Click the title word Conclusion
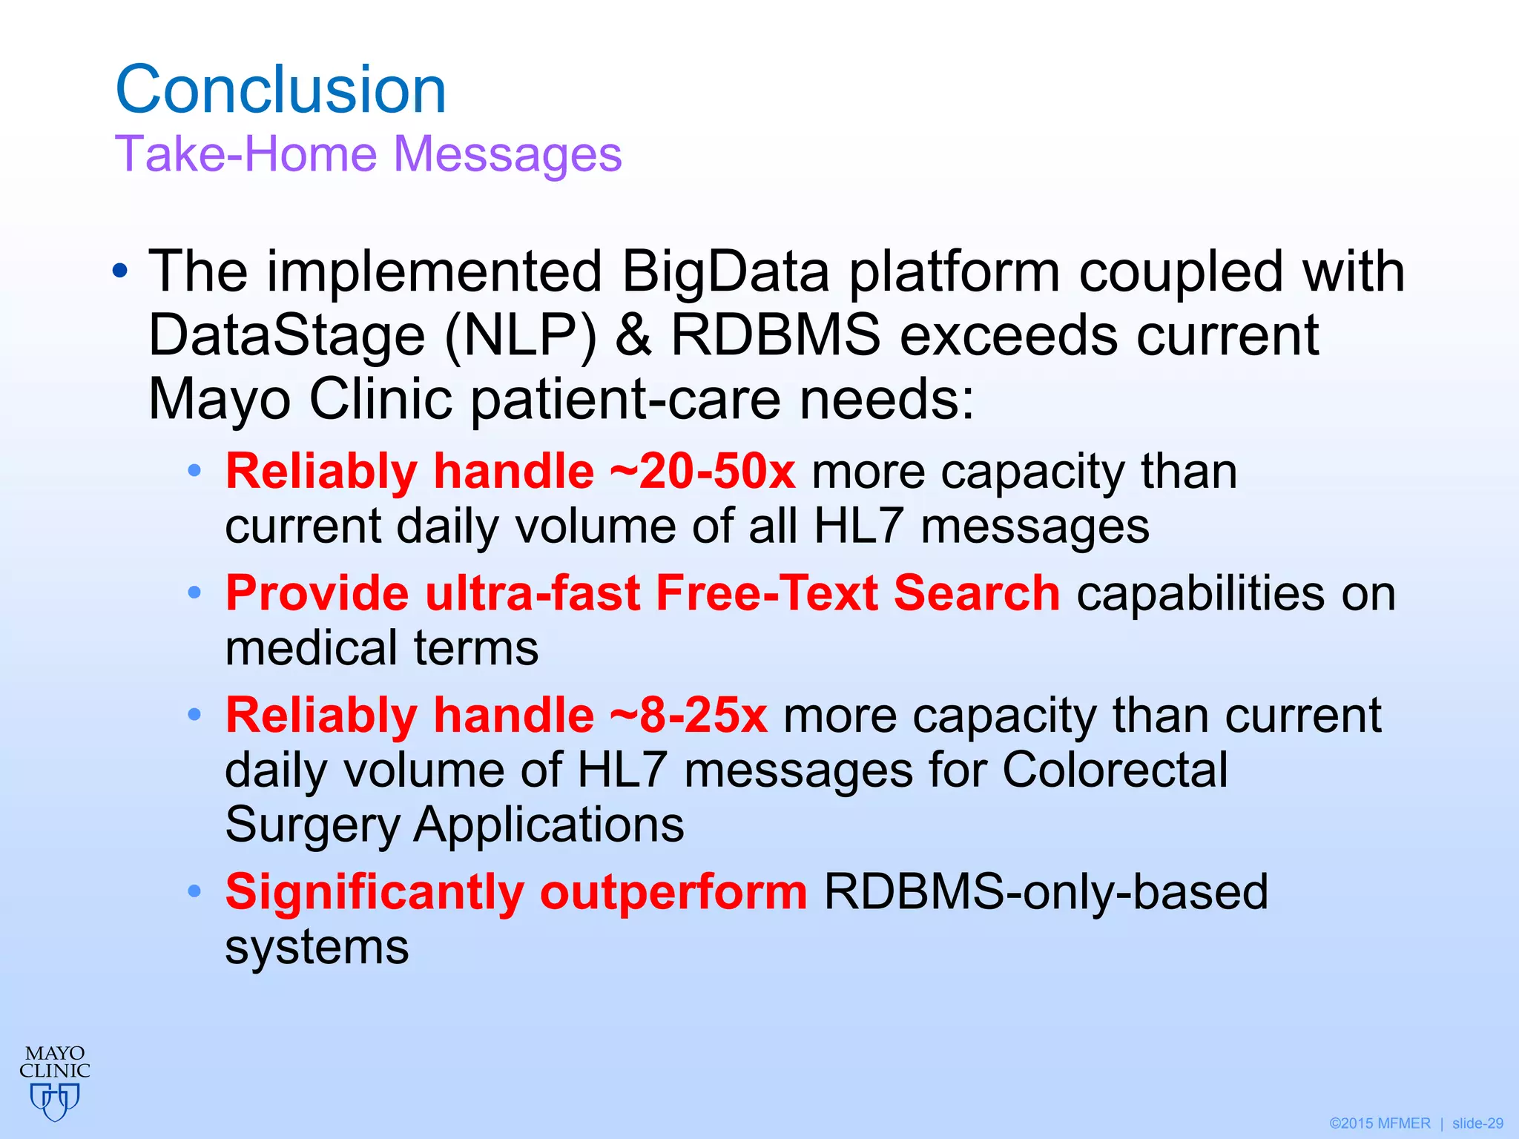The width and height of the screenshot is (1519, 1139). (280, 90)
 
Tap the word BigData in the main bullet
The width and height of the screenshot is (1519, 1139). (725, 271)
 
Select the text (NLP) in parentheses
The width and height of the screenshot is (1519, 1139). (521, 336)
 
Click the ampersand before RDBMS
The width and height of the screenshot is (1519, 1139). (633, 335)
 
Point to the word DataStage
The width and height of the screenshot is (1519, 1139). (287, 336)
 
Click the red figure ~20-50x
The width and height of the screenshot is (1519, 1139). (702, 472)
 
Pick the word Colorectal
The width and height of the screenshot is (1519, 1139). (1115, 770)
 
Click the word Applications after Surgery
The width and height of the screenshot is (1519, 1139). (548, 825)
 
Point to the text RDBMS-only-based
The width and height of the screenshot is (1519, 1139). (1046, 892)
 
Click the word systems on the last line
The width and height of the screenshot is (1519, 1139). (317, 948)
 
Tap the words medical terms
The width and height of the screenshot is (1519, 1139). (381, 649)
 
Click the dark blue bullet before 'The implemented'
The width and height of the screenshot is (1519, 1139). (120, 272)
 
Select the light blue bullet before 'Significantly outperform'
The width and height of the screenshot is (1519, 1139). (194, 892)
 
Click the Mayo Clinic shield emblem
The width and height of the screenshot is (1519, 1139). (55, 1100)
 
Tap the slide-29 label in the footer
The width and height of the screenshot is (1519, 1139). (1477, 1123)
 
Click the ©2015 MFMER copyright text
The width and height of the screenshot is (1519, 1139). (1380, 1123)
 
